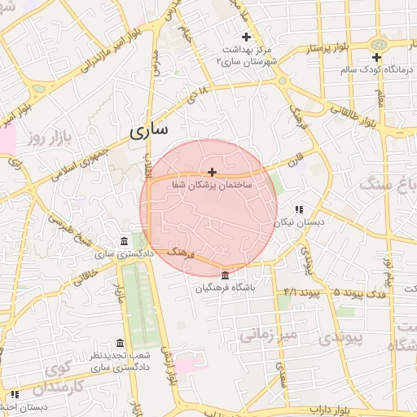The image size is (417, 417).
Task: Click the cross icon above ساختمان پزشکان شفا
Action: [x=213, y=172]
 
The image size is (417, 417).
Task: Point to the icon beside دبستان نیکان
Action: [x=298, y=208]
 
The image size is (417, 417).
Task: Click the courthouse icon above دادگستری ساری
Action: [x=123, y=242]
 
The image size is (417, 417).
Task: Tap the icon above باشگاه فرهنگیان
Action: [x=225, y=274]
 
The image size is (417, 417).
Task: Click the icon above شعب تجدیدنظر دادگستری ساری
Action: [x=121, y=343]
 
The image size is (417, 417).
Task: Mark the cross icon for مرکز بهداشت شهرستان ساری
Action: [x=247, y=36]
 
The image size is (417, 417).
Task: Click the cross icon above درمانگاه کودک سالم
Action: [x=376, y=57]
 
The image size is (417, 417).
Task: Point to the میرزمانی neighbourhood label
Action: [x=270, y=333]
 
